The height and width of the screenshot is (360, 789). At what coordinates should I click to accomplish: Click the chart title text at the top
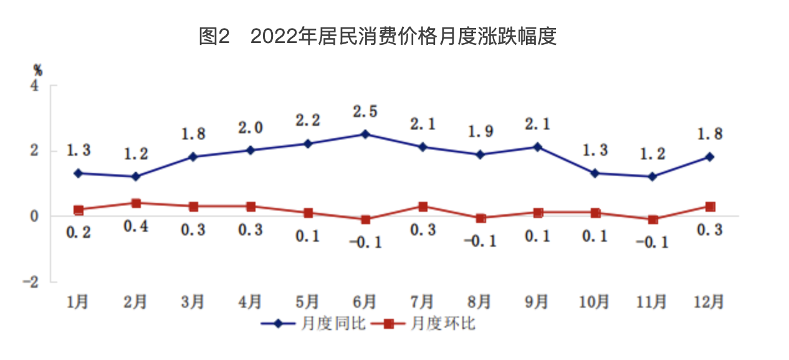click(377, 37)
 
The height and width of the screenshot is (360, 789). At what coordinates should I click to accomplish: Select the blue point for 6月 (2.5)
click(365, 134)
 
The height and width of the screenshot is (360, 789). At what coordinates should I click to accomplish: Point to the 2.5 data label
click(365, 112)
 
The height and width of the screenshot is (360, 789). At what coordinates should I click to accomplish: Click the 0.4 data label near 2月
click(136, 227)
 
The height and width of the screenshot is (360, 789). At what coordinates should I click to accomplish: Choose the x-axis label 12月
click(709, 302)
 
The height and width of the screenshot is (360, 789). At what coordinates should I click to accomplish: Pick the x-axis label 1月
click(79, 302)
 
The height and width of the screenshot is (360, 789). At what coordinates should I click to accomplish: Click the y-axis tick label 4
click(36, 85)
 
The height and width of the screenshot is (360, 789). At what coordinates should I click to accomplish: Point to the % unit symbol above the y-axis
click(38, 70)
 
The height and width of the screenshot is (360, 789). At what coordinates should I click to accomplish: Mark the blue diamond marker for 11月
click(652, 177)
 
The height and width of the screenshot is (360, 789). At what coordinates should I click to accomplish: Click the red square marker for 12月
click(709, 206)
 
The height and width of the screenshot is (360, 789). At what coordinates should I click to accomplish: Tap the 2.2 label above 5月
click(308, 120)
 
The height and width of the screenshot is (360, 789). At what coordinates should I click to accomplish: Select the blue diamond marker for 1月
click(79, 173)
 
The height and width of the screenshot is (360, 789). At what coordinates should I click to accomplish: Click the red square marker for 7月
click(423, 206)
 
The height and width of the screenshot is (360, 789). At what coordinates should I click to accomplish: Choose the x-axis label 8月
click(480, 302)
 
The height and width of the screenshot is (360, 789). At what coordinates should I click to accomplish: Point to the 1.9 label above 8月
click(480, 131)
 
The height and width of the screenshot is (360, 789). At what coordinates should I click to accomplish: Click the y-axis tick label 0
click(36, 216)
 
